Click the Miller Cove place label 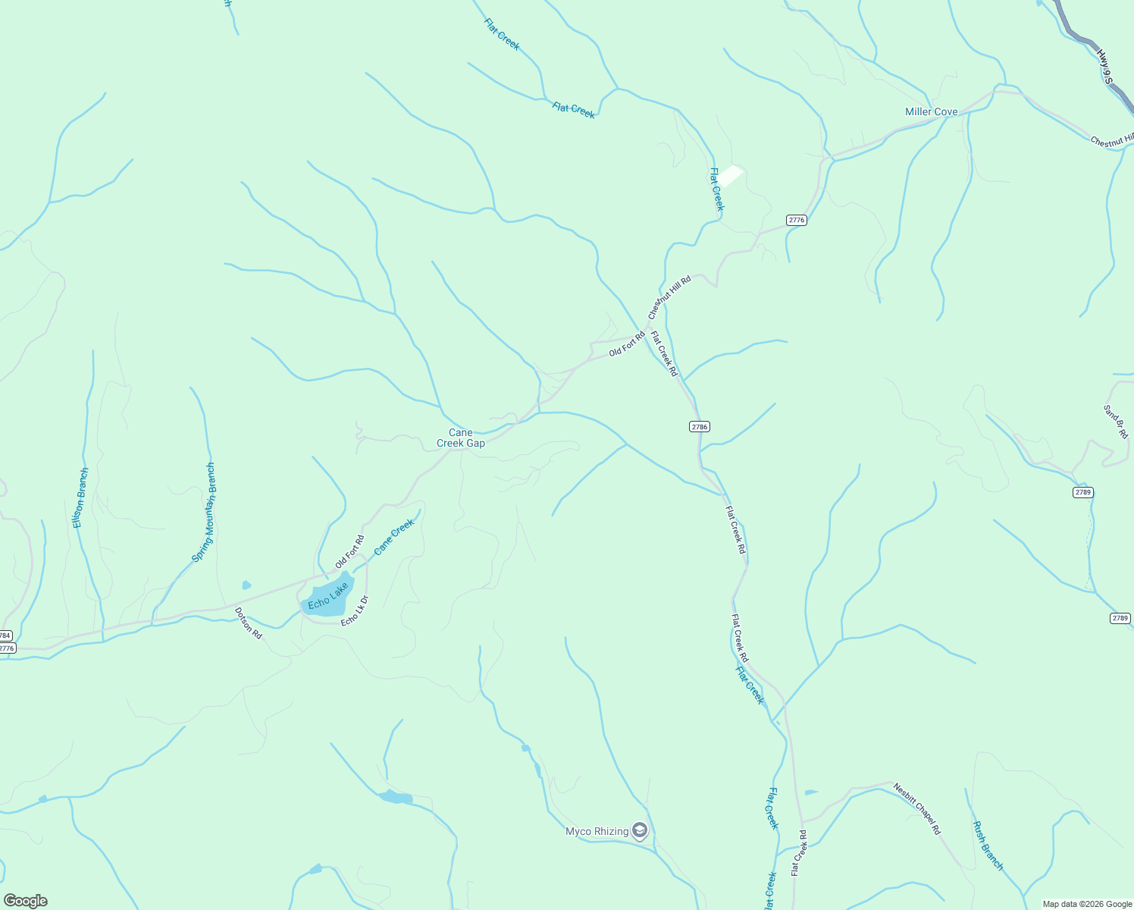coord(931,111)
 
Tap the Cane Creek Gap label coord(461,438)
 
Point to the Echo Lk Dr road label coord(355,611)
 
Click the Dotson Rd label coord(248,623)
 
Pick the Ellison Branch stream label coord(80,497)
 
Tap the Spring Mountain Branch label coord(204,513)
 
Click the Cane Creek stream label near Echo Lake coord(394,536)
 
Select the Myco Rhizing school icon coord(641,832)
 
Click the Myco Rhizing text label coord(597,832)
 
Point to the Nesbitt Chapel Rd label coord(916,809)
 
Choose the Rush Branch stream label coord(988,846)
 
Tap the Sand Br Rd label coord(1116,422)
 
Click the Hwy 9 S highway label coord(1104,67)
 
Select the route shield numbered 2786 coord(699,427)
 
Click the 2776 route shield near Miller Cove coord(796,220)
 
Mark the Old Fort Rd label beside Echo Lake coord(349,552)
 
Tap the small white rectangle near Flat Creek coord(730,176)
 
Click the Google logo coord(26,901)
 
